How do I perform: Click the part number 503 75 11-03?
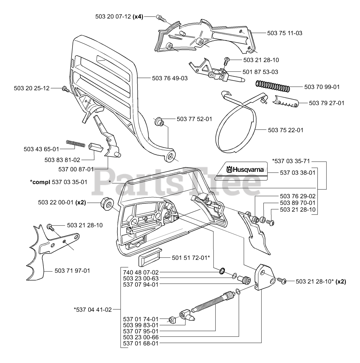pyautogui.click(x=285, y=33)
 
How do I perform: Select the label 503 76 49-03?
pyautogui.click(x=170, y=78)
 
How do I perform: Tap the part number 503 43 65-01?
pyautogui.click(x=41, y=149)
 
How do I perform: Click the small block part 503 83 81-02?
pyautogui.click(x=96, y=147)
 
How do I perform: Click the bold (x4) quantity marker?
pyautogui.click(x=138, y=17)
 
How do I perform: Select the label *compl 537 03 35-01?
pyautogui.click(x=59, y=182)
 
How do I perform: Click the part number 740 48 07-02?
pyautogui.click(x=141, y=272)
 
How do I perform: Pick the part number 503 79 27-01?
pyautogui.click(x=327, y=103)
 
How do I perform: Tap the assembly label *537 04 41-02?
pyautogui.click(x=93, y=310)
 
